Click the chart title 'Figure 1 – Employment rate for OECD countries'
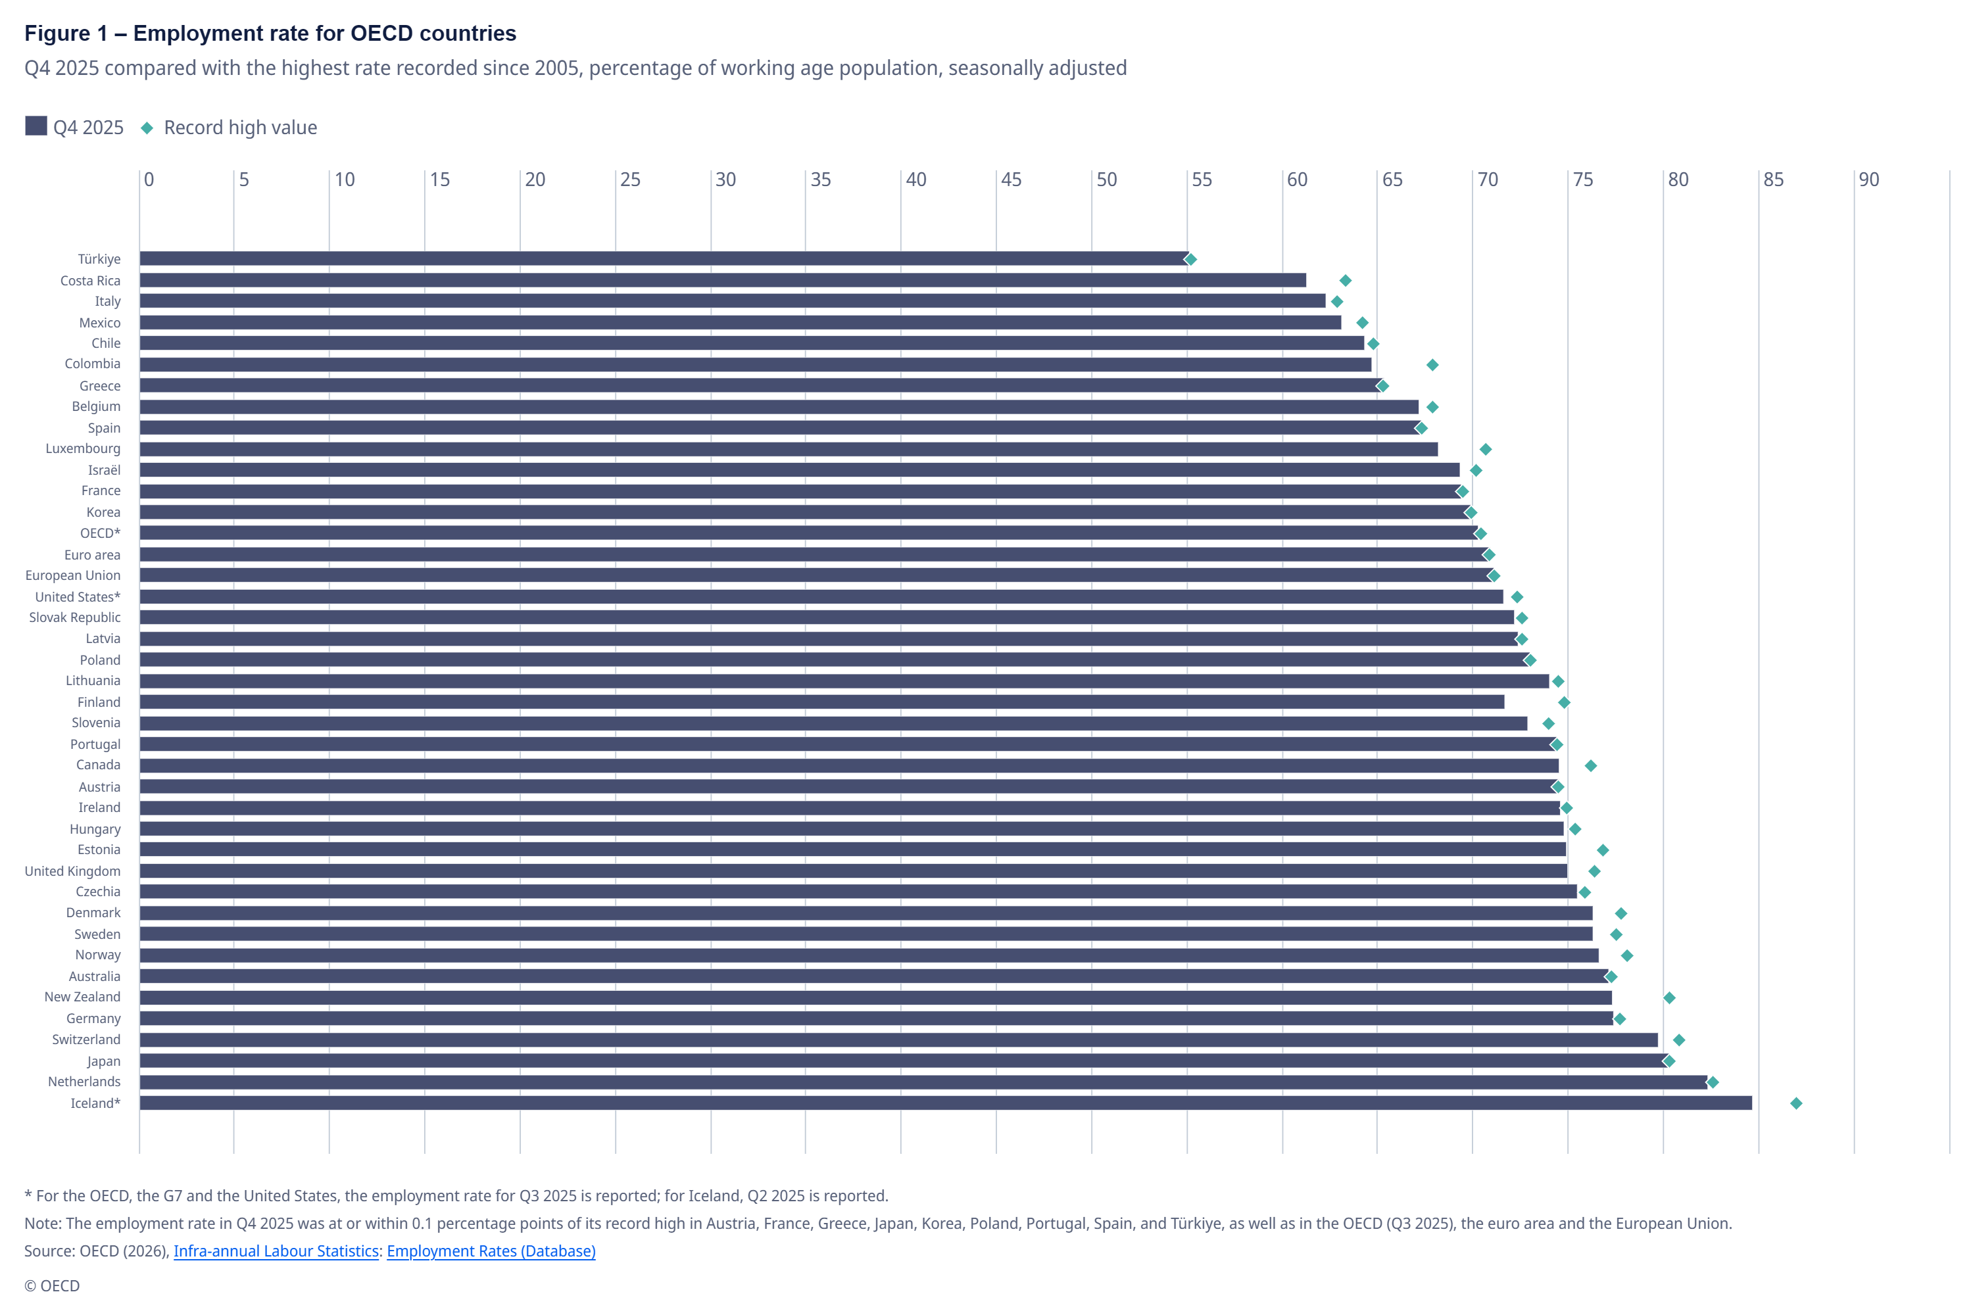[270, 34]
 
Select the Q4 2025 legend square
[36, 126]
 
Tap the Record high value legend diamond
[147, 128]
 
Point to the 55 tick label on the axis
[1202, 179]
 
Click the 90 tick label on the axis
[1868, 179]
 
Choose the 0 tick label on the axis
[149, 179]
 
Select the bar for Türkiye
[664, 258]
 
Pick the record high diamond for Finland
[1564, 702]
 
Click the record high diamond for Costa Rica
[1346, 280]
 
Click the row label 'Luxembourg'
[83, 448]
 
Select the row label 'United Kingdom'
[72, 871]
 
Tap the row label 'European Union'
[73, 575]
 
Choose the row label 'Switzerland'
[86, 1040]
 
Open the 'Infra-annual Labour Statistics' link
[276, 1251]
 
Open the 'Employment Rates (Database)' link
[491, 1251]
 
